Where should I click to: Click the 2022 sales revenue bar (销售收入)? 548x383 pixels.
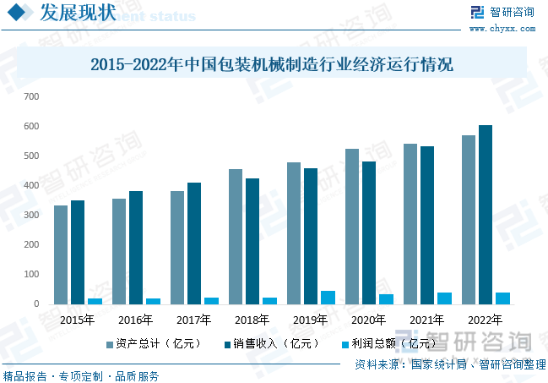[x=486, y=215]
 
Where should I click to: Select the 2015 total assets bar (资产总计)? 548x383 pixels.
[x=61, y=254]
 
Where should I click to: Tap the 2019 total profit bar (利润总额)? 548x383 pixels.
[x=328, y=298]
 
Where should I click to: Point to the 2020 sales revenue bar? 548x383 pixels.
[x=369, y=233]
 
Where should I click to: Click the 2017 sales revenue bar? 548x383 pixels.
[x=194, y=243]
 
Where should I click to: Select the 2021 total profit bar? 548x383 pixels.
[x=444, y=298]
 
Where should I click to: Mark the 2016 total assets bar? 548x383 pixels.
[x=119, y=251]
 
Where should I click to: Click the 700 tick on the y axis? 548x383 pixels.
[x=31, y=96]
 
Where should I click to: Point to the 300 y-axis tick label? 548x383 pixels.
[x=31, y=215]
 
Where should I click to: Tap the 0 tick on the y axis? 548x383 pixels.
[x=36, y=304]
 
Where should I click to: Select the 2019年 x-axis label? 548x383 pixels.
[x=310, y=320]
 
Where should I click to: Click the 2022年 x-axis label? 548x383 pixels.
[x=485, y=320]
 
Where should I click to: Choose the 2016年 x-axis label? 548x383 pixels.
[x=135, y=320]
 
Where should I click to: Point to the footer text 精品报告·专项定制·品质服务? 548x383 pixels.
[x=81, y=376]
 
